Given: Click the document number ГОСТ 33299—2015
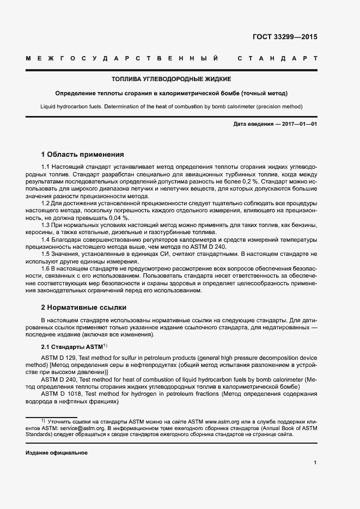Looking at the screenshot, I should (285, 38).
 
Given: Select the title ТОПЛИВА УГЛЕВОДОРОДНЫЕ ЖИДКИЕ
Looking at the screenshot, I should (172, 79).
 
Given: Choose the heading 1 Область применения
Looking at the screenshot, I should (83, 154).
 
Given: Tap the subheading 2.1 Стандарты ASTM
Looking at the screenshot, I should (73, 347).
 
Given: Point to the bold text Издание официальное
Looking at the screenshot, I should (57, 453).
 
